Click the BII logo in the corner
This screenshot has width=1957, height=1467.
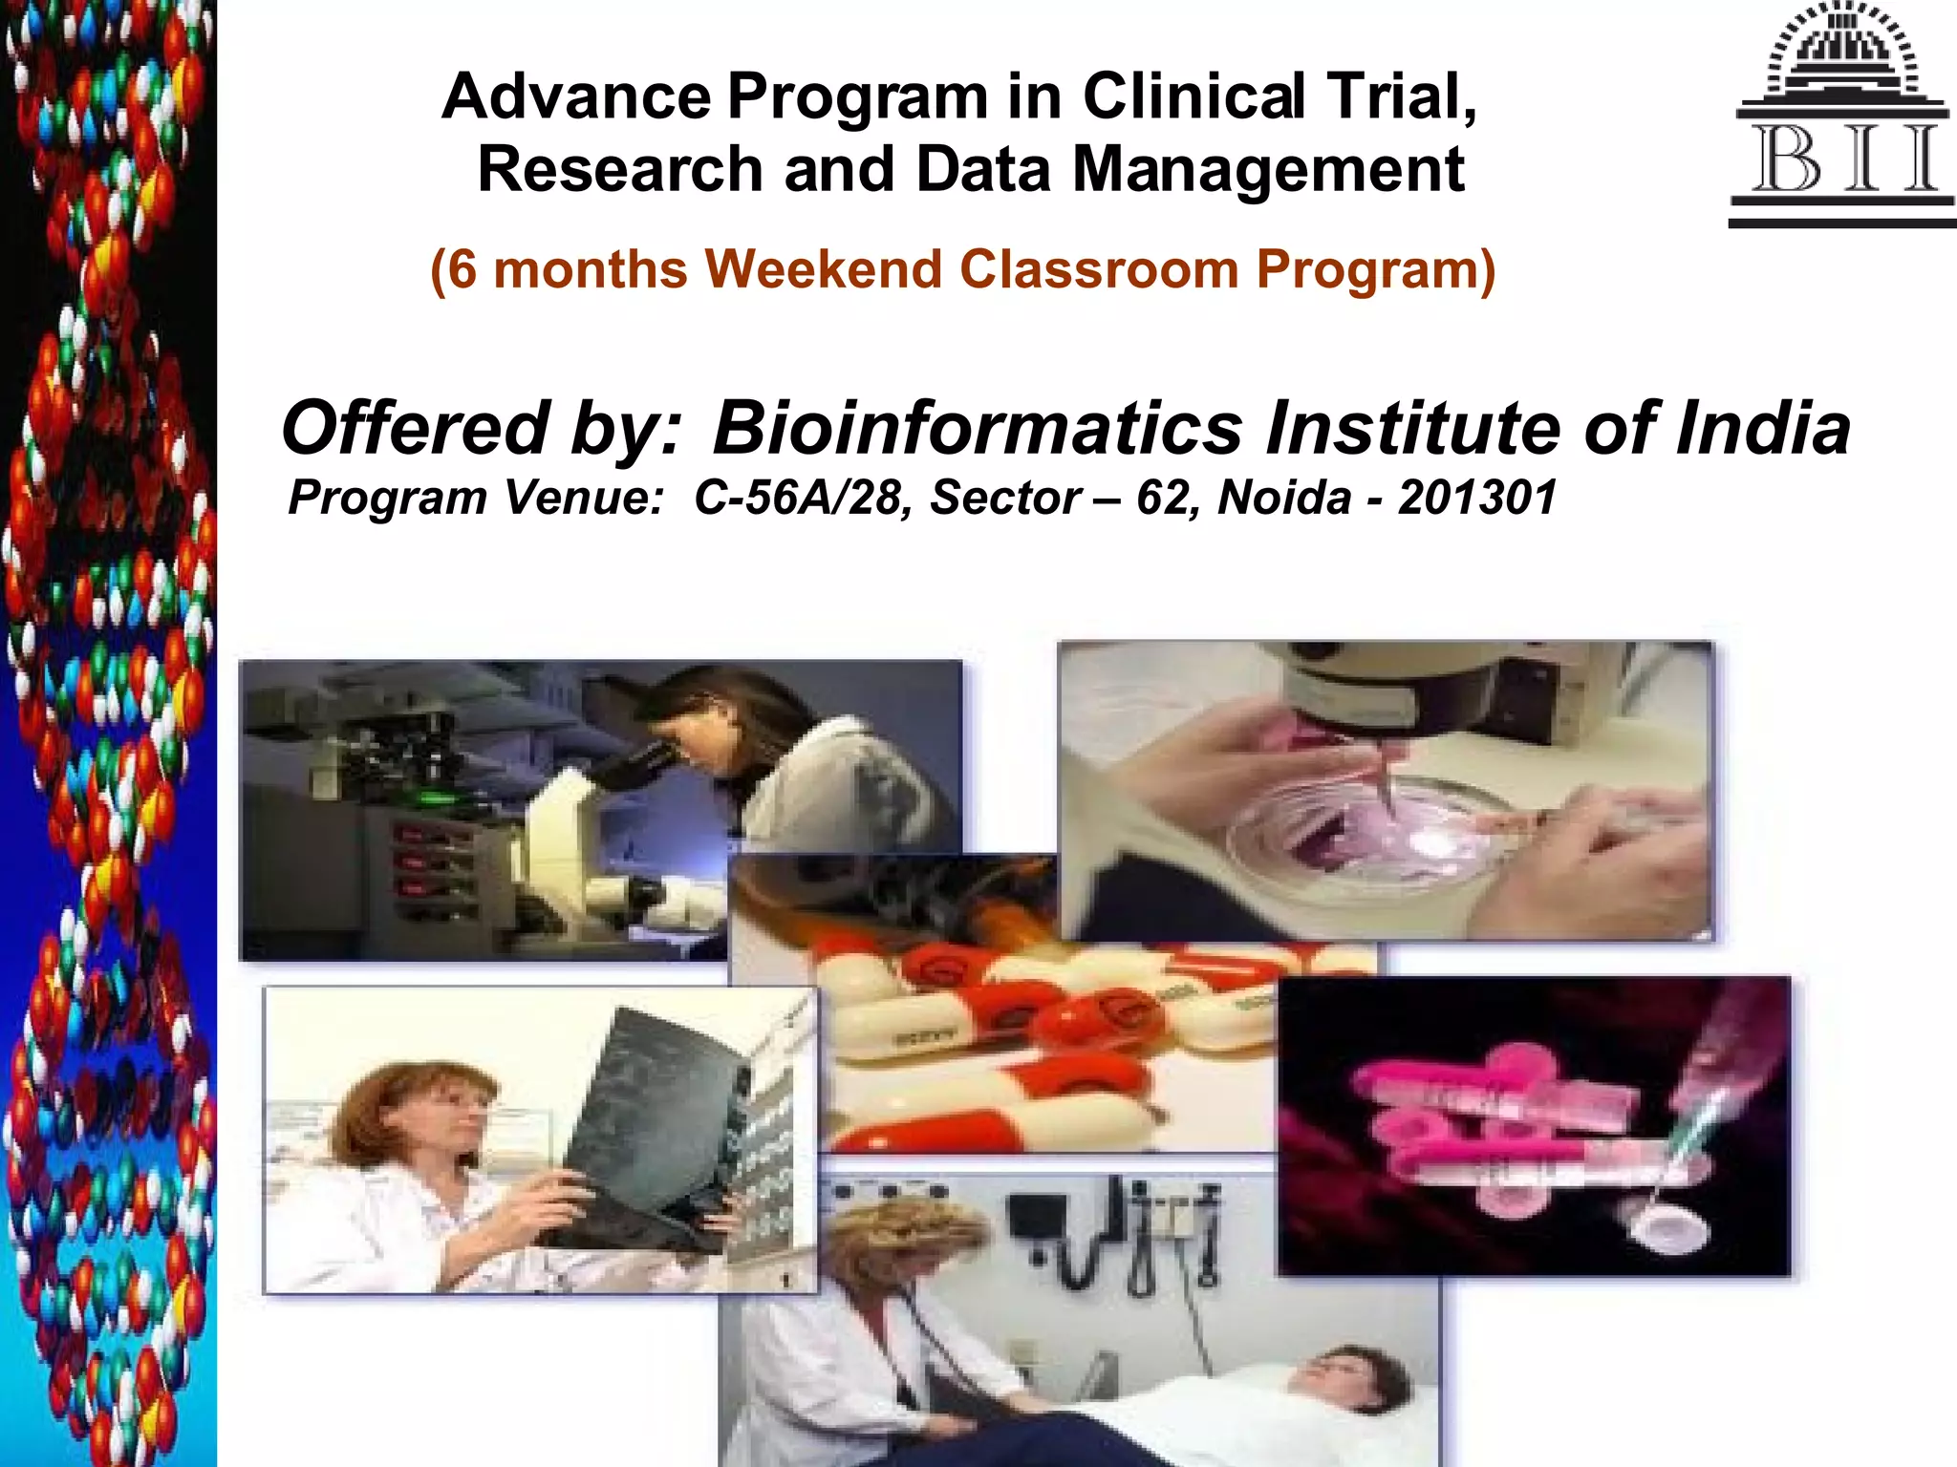(x=1841, y=115)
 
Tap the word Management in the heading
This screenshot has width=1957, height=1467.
(x=1268, y=170)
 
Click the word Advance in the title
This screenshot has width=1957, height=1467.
(x=576, y=96)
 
